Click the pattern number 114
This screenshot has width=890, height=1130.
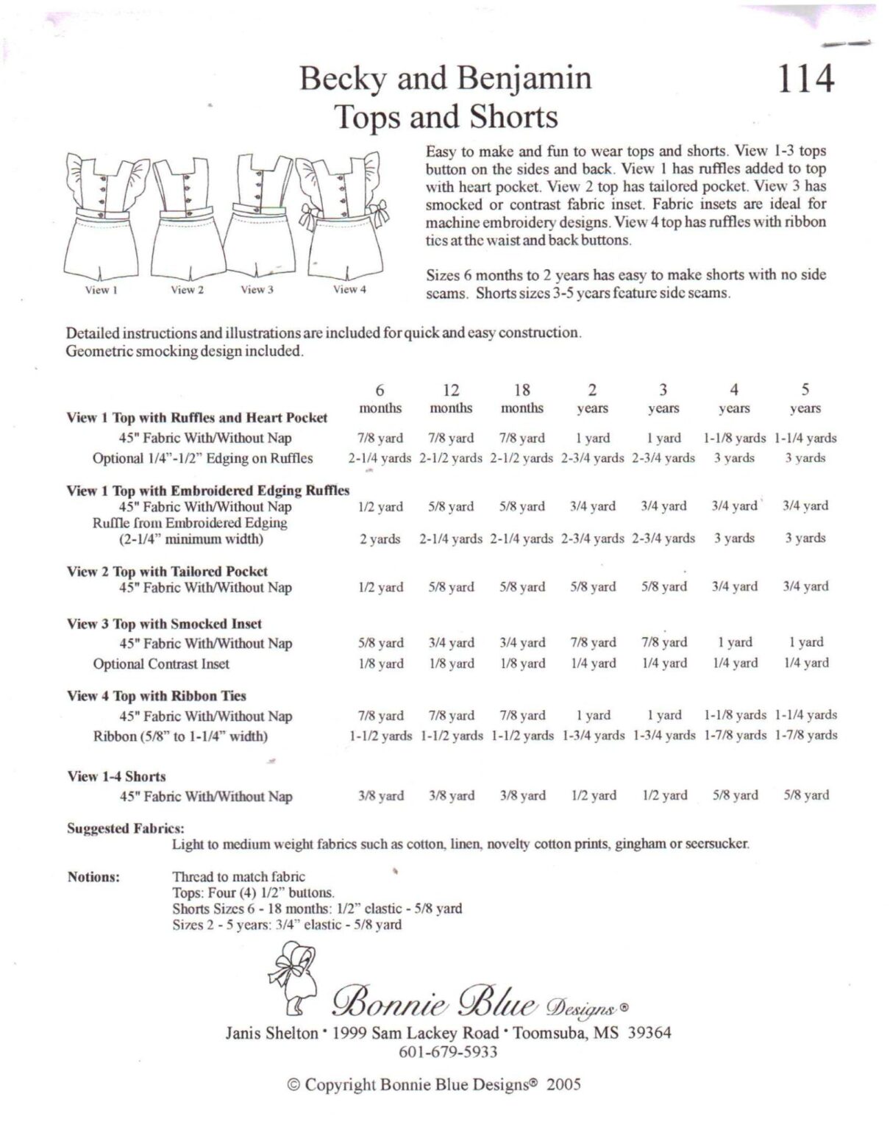(x=805, y=79)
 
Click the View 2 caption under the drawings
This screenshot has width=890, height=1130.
(x=187, y=290)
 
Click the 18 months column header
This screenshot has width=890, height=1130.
(x=521, y=398)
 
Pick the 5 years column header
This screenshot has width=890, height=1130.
(x=805, y=398)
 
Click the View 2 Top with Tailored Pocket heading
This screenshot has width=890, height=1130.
(x=167, y=571)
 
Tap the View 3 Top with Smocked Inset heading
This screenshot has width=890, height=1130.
(x=164, y=624)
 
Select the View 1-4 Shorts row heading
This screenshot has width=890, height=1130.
(x=116, y=776)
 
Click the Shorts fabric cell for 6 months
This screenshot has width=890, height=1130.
(x=380, y=795)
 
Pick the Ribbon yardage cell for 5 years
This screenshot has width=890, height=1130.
(x=805, y=735)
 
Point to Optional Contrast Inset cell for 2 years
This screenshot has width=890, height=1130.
(x=593, y=663)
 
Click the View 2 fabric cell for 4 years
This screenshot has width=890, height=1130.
(x=734, y=586)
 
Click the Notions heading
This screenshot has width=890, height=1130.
(x=93, y=877)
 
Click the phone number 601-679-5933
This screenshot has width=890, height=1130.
(x=447, y=1052)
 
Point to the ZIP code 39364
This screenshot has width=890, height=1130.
(x=649, y=1033)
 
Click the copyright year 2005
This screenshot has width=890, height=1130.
(x=563, y=1084)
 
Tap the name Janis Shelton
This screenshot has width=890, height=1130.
(x=271, y=1033)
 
